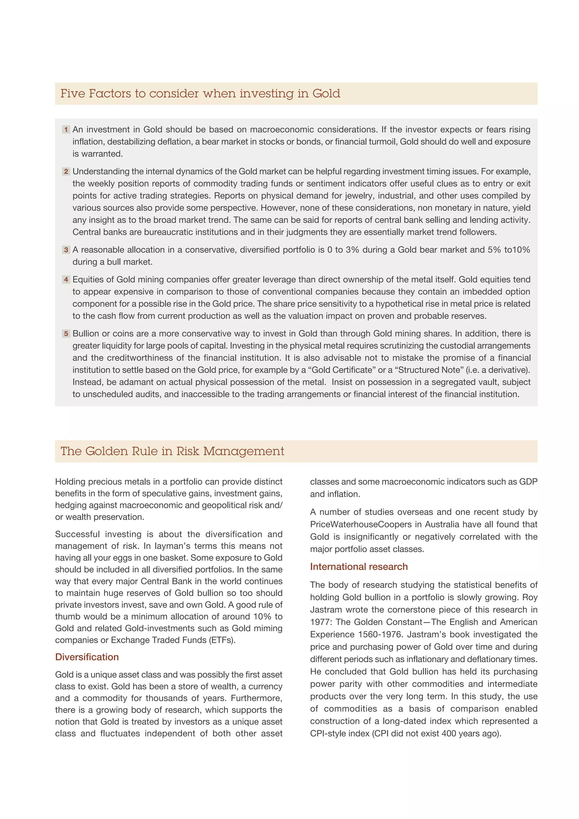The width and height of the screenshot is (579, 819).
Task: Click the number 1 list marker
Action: [x=66, y=130]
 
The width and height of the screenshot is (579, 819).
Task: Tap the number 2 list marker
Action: [x=66, y=172]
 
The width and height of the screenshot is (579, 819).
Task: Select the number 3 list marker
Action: [x=66, y=250]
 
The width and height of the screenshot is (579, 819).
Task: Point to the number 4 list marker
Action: [x=66, y=280]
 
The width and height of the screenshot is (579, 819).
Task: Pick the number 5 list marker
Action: [x=66, y=334]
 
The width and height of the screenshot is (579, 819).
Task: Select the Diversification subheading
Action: [x=87, y=657]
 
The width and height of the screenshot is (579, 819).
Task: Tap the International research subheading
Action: [x=359, y=567]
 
